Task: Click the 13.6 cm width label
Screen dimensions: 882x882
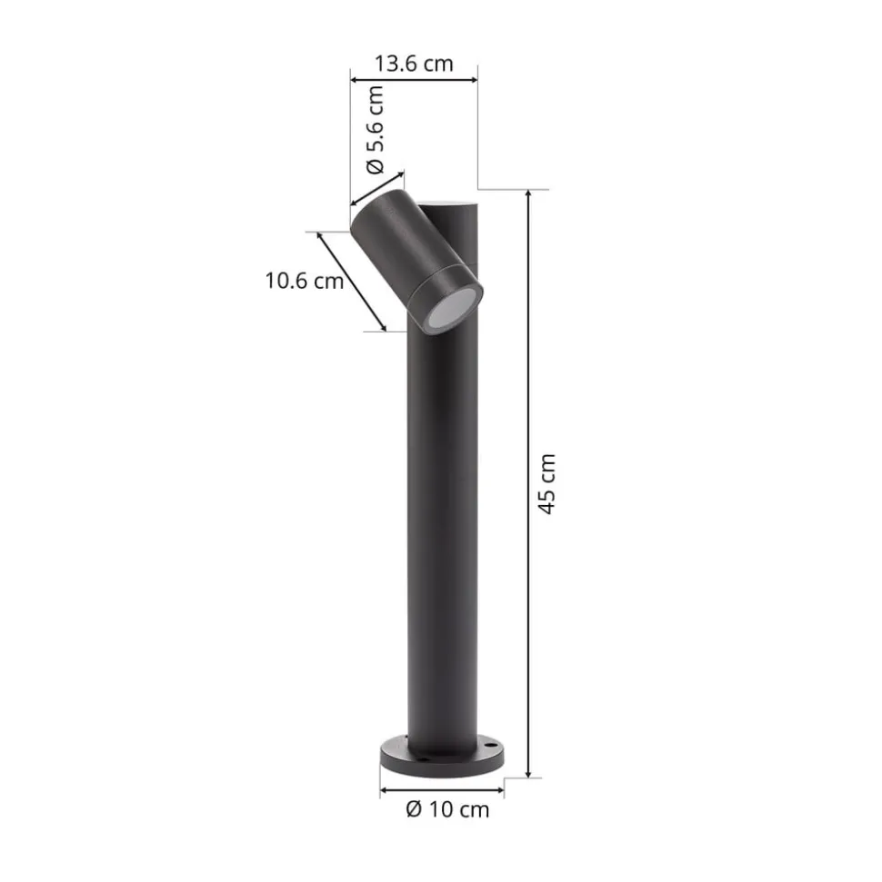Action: (414, 64)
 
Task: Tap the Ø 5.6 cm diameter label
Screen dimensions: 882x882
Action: (376, 129)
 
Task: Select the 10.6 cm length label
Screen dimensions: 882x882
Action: (305, 281)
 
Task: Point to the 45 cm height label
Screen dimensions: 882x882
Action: (546, 484)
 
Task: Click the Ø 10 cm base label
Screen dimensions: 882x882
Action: (447, 809)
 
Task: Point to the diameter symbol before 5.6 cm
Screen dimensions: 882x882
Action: (376, 166)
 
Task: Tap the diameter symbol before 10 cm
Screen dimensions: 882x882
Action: (414, 809)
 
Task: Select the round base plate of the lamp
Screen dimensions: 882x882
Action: (442, 757)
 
